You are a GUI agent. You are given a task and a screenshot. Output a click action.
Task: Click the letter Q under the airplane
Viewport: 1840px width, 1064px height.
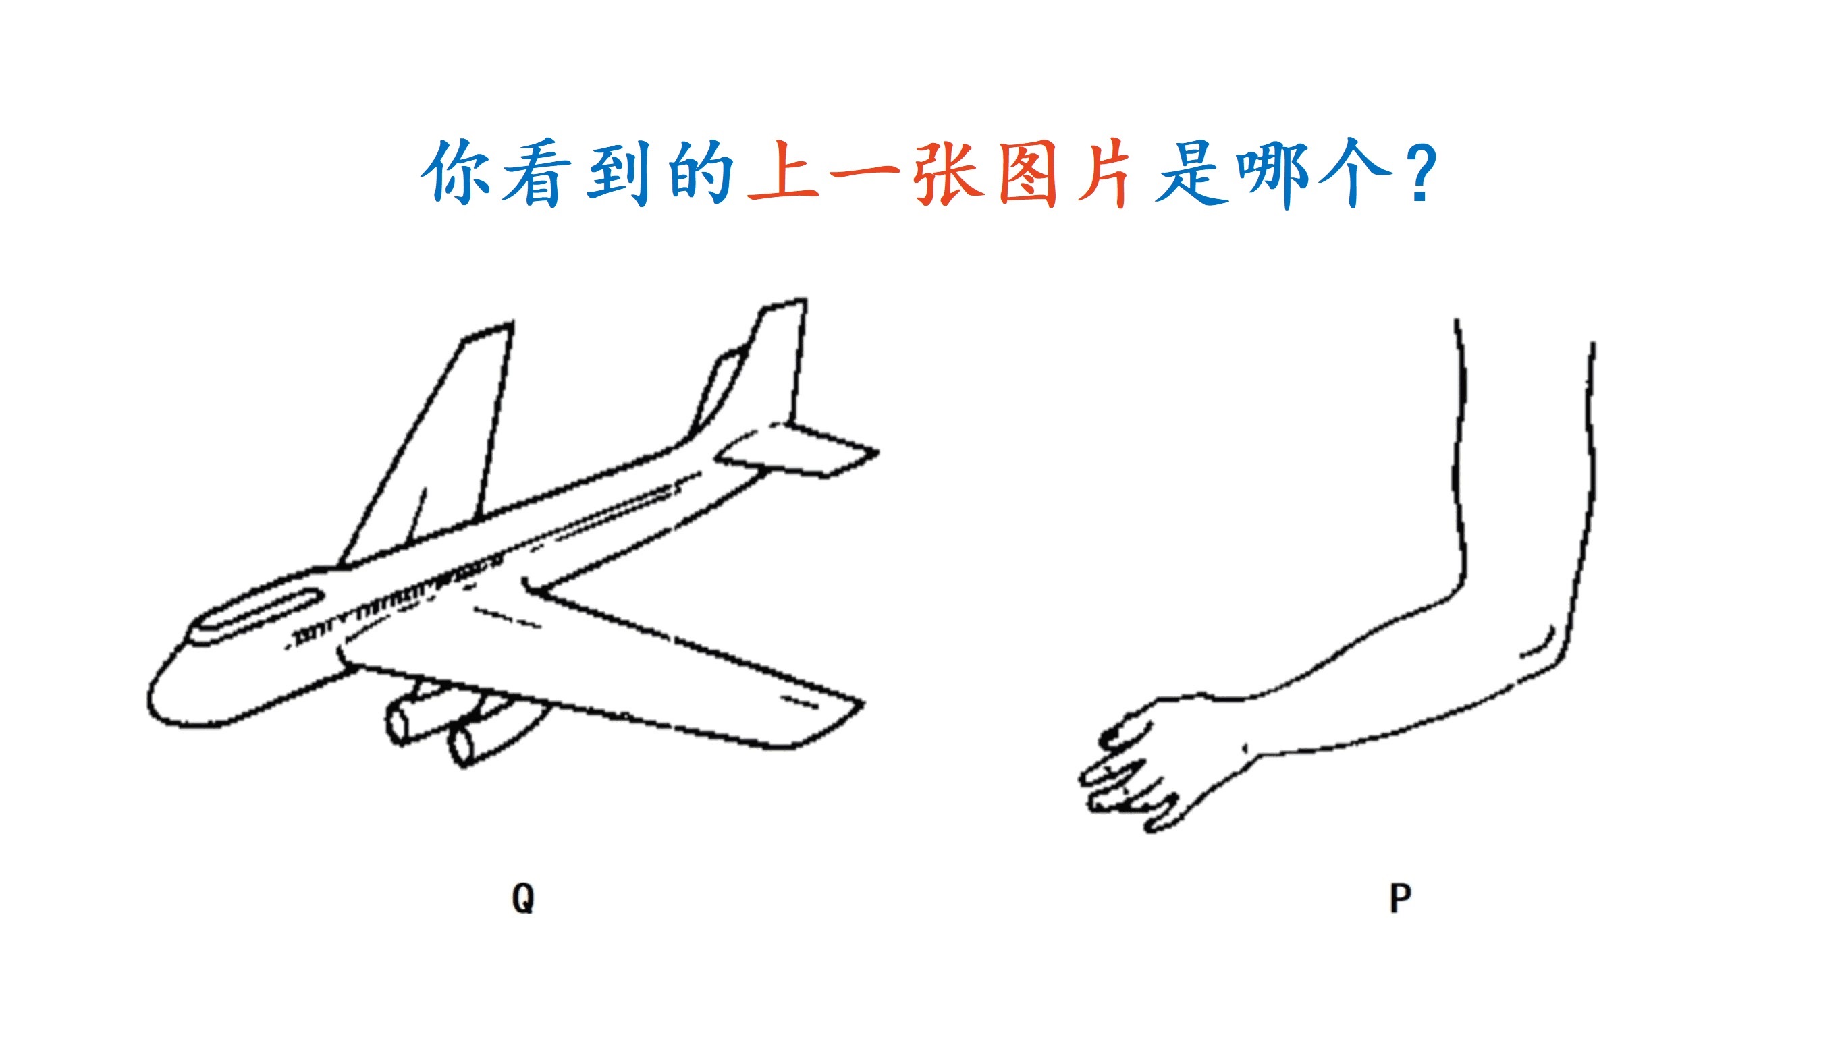pos(523,897)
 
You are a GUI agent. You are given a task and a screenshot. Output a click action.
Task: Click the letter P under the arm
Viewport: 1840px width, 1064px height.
pos(1400,897)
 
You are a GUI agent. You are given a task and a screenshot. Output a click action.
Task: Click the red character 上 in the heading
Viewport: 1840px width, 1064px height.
pos(784,171)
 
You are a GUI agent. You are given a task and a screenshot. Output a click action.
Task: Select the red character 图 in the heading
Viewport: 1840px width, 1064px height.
pos(1027,173)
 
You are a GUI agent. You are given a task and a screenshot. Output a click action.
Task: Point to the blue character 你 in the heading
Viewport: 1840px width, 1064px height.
pos(456,171)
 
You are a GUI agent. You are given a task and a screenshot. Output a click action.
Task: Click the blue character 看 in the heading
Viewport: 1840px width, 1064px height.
pos(536,173)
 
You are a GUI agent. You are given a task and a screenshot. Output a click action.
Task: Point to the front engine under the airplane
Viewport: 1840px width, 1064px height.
pos(412,719)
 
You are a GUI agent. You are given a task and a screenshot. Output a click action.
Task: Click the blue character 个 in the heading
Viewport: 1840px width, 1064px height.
pos(1355,173)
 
